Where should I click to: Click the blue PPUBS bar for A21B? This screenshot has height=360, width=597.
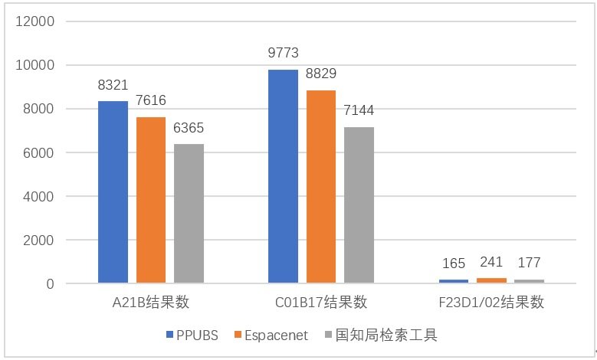tap(113, 192)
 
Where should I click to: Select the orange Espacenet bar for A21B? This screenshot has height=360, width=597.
tap(151, 200)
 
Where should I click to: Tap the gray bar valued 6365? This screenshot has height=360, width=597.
tap(189, 214)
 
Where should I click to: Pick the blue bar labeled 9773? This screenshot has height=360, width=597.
tap(283, 176)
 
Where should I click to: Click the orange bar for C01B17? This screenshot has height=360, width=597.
tap(321, 187)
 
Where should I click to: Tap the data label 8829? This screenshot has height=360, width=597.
tap(321, 74)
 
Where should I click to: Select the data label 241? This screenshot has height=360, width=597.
tap(490, 263)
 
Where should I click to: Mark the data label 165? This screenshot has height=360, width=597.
tap(454, 264)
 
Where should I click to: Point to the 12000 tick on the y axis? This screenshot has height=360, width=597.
tap(37, 21)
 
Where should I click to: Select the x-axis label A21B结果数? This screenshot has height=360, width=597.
tap(151, 303)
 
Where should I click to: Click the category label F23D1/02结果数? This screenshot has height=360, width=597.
tap(492, 303)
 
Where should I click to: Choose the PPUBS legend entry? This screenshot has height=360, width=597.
tap(192, 335)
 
